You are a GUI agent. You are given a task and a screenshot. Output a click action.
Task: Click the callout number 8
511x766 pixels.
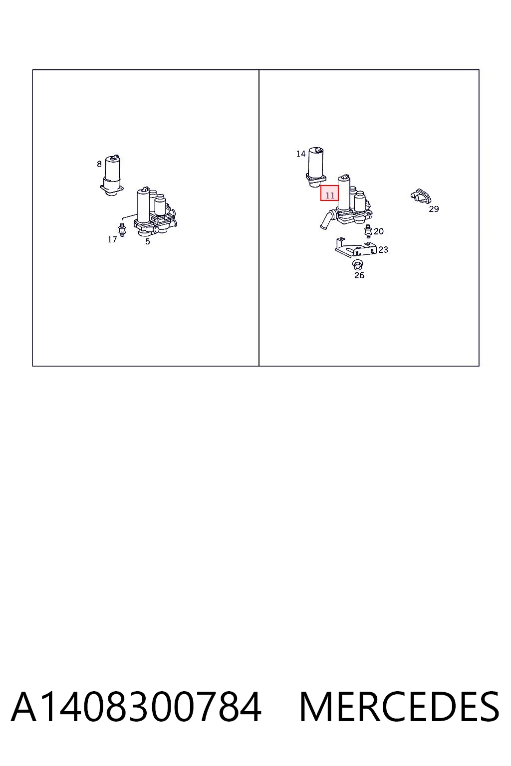point(99,164)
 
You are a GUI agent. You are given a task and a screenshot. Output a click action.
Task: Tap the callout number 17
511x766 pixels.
point(112,240)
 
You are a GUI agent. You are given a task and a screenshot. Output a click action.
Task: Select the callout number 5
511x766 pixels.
point(148,241)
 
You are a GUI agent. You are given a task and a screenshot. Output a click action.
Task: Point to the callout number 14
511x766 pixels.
point(301,154)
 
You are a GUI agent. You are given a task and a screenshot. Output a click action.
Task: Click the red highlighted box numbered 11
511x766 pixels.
point(329,193)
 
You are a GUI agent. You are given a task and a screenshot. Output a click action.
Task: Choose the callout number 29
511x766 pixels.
point(434,209)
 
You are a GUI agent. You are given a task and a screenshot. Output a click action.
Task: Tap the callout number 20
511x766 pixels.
point(379,231)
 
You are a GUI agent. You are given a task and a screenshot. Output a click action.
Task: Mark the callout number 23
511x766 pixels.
point(383,250)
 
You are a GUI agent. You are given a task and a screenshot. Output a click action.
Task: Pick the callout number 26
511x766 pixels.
point(359,275)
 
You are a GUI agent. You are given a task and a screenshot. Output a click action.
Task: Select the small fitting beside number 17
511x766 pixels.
point(121,229)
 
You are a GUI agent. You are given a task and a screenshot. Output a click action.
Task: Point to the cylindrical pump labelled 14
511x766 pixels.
point(316,167)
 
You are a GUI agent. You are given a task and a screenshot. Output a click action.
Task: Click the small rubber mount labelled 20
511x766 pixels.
point(368,231)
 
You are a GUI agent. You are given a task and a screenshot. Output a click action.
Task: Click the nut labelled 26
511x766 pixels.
point(358,264)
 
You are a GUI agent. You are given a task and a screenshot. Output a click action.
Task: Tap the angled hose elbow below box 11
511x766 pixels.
point(327,219)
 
